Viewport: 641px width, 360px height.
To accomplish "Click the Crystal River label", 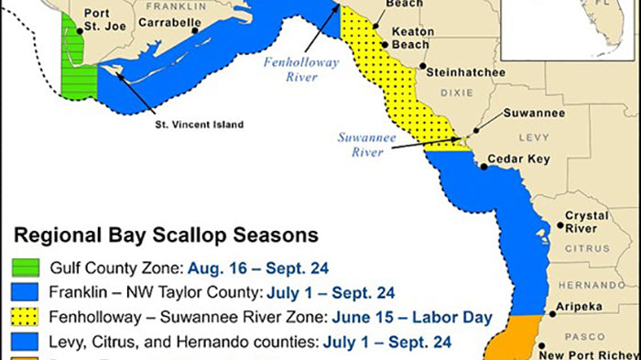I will (586, 222).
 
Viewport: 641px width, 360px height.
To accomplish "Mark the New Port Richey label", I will (590, 353).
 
